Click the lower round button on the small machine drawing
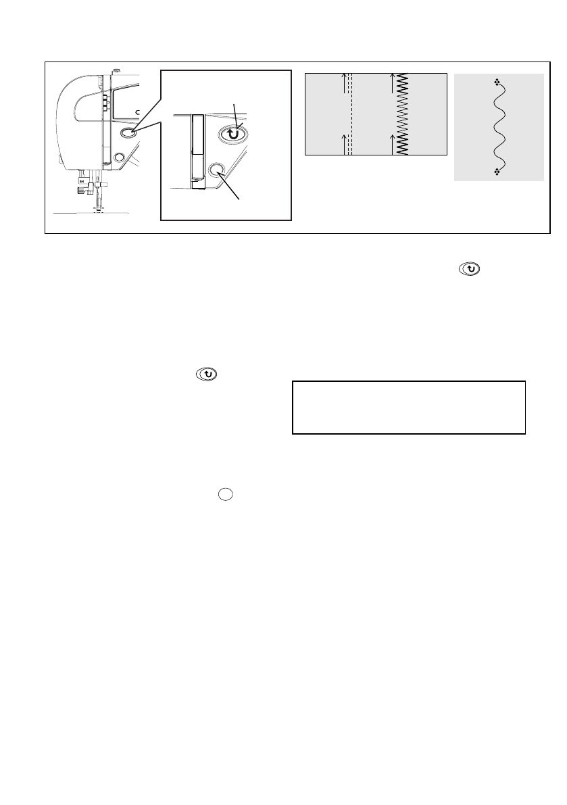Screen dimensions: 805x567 119,157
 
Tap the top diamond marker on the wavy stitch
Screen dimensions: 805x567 497,82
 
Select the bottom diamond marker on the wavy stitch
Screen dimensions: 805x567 497,172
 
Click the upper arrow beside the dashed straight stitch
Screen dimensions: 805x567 344,80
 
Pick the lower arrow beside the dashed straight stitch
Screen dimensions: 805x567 344,142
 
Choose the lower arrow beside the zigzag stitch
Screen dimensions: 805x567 393,142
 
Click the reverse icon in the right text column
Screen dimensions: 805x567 472,269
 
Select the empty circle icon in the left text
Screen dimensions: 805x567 225,494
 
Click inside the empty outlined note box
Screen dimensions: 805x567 408,407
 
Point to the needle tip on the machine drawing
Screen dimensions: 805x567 97,210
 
